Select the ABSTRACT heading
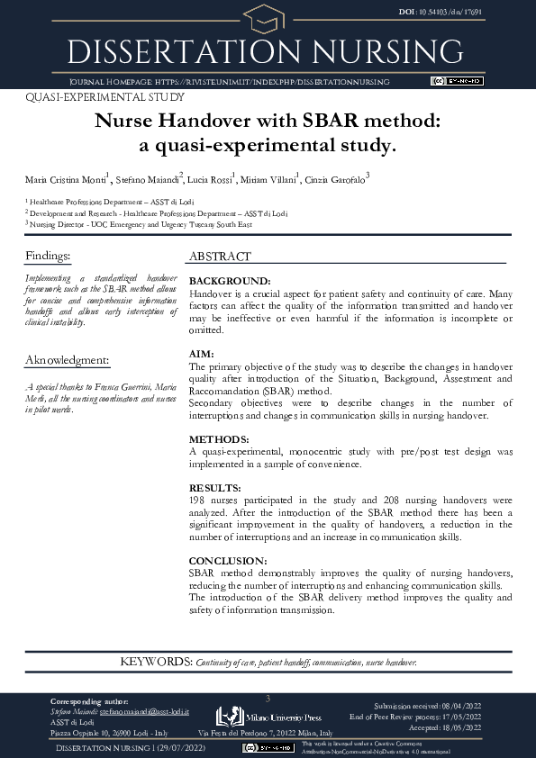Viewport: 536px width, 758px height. pyautogui.click(x=220, y=257)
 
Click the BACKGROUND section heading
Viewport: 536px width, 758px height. pyautogui.click(x=230, y=281)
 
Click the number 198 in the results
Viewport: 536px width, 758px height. pyautogui.click(x=198, y=498)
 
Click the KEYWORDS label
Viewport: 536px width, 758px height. pyautogui.click(x=156, y=663)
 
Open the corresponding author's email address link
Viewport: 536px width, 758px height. pyautogui.click(x=144, y=711)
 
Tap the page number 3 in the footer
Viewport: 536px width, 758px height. pyautogui.click(x=268, y=699)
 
